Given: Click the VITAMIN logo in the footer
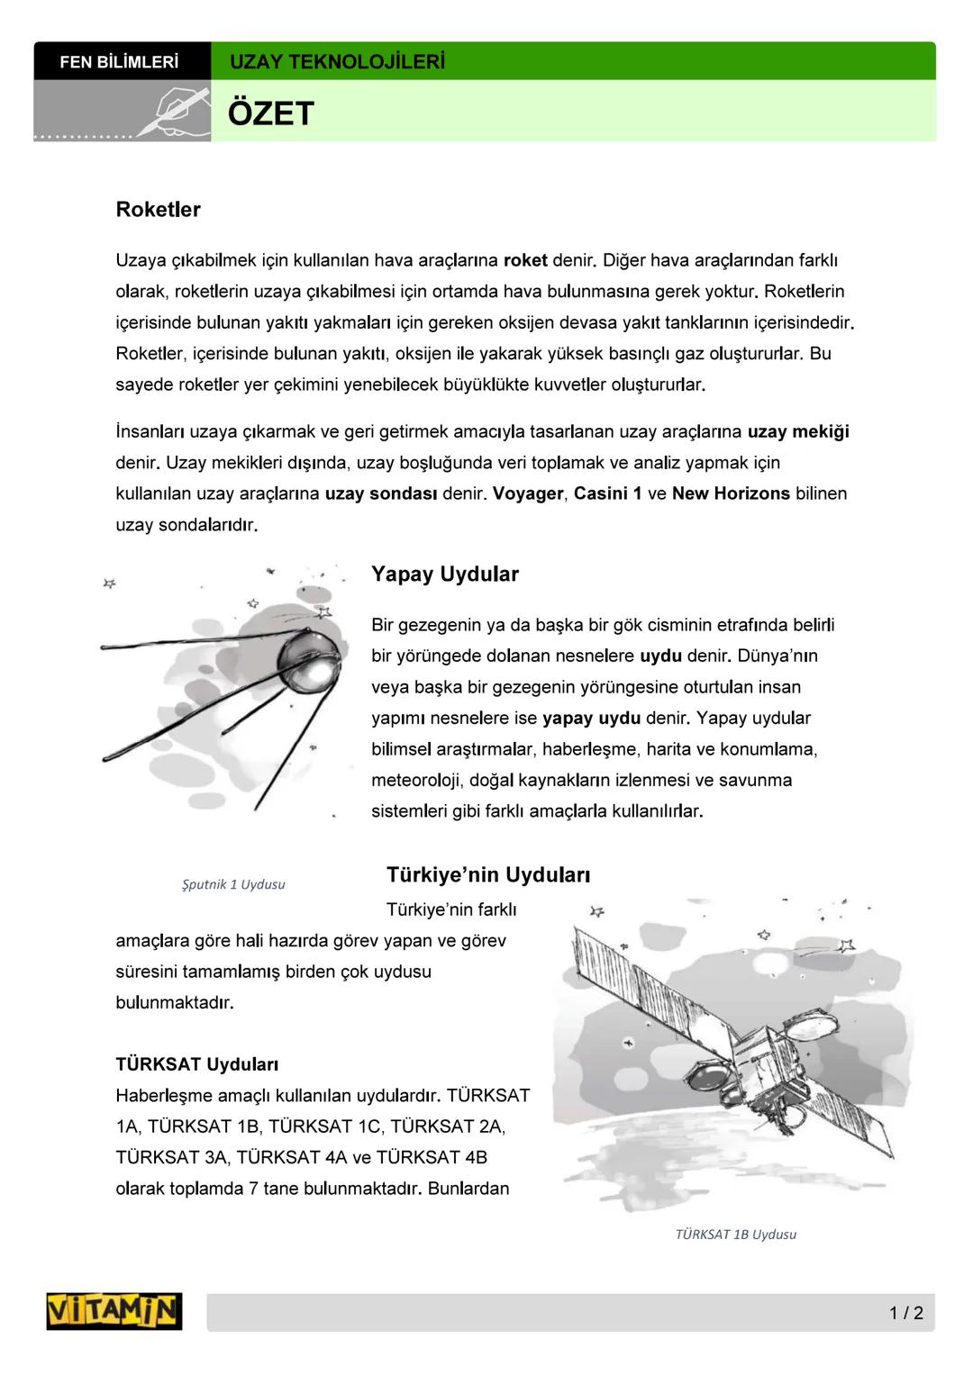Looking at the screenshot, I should point(114,1311).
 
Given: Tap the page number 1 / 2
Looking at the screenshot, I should point(905,1313).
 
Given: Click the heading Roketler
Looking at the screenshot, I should point(158,210).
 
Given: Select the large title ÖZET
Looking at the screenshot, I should point(270,114).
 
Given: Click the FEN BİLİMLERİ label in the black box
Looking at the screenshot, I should point(119,62).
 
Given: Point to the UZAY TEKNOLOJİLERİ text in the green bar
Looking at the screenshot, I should point(337,62).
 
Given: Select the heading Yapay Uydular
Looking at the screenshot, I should point(444,574).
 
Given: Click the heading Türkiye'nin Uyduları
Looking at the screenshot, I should point(487,875).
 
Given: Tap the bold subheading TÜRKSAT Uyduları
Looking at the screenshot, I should point(196,1064).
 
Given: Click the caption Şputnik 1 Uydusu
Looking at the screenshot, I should point(233,884).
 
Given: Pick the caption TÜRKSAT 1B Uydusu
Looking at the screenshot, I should point(735,1235).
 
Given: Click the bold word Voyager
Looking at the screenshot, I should point(528,493).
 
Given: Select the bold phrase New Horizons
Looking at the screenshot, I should point(730,493).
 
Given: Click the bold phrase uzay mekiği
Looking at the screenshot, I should point(797,431).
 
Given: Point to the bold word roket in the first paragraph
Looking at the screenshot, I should point(524,260).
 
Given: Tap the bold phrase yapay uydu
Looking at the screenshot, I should point(591,719).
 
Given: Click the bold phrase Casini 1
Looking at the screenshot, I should point(607,493).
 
